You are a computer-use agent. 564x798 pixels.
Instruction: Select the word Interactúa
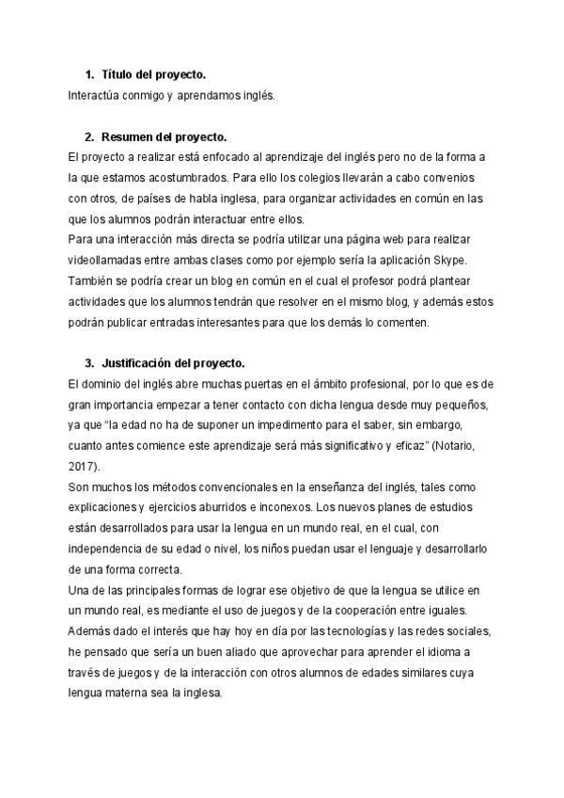pos(96,94)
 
